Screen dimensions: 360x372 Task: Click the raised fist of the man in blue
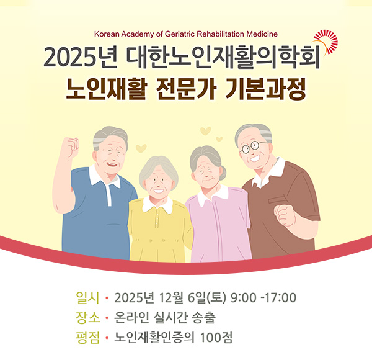point(70,147)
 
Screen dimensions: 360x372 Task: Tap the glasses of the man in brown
point(254,147)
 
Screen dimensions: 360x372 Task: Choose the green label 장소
point(85,318)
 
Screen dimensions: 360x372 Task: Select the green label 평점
point(85,340)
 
